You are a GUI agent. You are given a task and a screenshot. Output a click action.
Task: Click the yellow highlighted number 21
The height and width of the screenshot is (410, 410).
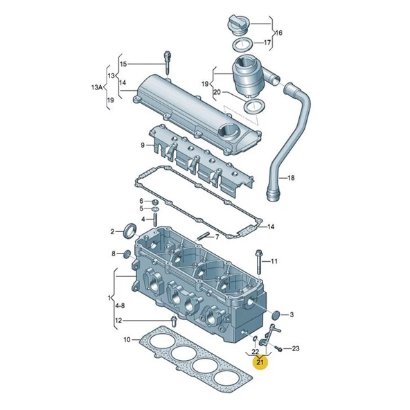point(260,362)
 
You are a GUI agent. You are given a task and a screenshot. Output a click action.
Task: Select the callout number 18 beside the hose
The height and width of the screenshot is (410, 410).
point(290,178)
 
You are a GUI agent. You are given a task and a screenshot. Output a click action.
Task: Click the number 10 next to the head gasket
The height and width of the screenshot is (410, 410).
point(127,340)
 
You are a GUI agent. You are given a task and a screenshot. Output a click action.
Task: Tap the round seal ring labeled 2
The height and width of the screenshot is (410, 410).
point(130,231)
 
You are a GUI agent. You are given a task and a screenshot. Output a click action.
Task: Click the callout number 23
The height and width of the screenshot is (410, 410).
point(296,348)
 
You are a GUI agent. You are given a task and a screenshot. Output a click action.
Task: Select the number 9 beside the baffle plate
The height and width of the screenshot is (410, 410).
point(142,145)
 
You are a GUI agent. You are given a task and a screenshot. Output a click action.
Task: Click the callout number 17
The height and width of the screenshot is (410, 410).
point(267,43)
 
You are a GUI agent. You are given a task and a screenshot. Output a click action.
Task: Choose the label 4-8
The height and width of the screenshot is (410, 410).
point(120,305)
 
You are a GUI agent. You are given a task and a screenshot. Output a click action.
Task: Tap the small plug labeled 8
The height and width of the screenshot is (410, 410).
point(127,255)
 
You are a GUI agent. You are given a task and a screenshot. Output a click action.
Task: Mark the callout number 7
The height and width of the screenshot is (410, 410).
point(217,237)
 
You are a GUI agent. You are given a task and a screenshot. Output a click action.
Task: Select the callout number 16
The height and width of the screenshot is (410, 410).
point(279,33)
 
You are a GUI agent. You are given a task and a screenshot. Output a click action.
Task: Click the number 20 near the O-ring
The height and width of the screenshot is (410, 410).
point(217,92)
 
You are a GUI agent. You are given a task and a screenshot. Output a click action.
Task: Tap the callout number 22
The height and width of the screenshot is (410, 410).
point(255,353)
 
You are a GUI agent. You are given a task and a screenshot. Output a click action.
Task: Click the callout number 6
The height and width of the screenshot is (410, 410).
point(141,200)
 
